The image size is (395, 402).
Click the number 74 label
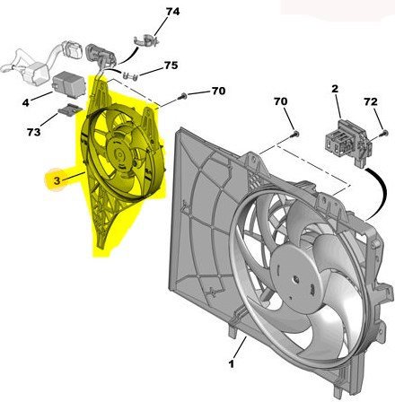click(x=171, y=13)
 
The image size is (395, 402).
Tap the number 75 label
click(x=171, y=67)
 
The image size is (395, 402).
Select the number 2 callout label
click(x=334, y=89)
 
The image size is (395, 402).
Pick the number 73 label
click(x=33, y=133)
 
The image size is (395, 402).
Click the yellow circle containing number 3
click(x=56, y=179)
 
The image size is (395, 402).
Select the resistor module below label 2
click(x=342, y=132)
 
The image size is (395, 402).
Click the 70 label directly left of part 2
click(x=279, y=103)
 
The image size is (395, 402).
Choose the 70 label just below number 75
click(x=218, y=91)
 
